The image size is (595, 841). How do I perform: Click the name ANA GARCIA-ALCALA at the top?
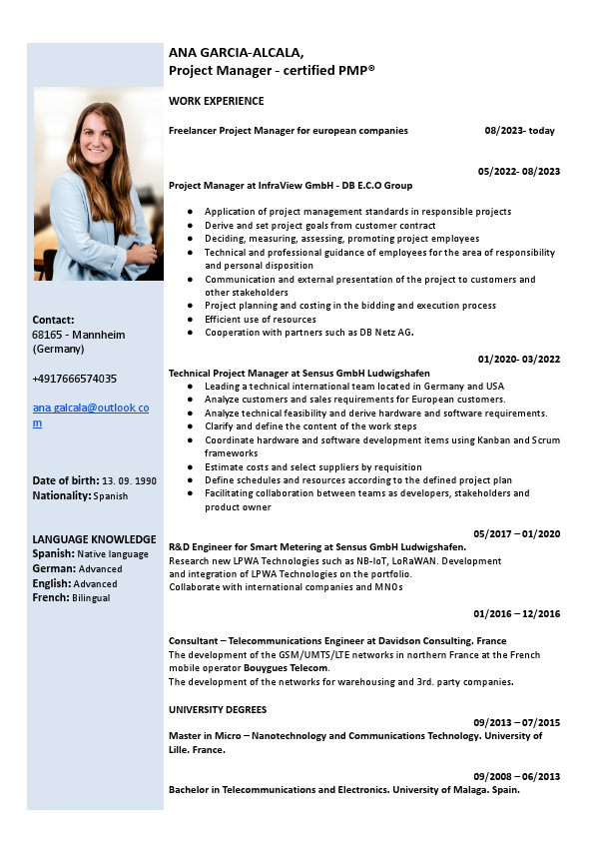[x=236, y=52]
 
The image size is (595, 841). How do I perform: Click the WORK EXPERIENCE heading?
[x=217, y=101]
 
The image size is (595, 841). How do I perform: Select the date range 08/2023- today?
[x=519, y=131]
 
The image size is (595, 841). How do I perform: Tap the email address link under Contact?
[x=91, y=416]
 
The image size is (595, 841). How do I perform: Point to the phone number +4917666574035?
[x=75, y=379]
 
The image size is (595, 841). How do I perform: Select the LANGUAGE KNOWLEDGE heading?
[x=94, y=539]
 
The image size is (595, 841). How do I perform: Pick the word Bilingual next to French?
[x=90, y=598]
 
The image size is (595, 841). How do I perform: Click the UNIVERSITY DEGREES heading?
[x=218, y=710]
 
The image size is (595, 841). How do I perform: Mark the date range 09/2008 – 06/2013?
[x=516, y=776]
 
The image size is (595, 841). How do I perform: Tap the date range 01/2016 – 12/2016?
[x=516, y=613]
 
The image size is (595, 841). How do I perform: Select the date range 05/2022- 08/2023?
[x=518, y=171]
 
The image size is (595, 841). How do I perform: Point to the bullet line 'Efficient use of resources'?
[x=260, y=319]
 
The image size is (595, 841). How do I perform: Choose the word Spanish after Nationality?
[x=111, y=495]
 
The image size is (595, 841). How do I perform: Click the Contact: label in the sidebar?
[x=54, y=320]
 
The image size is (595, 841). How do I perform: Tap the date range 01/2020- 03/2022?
[x=518, y=359]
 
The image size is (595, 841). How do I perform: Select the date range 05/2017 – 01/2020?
[x=516, y=533]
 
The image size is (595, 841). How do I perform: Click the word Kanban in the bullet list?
[x=464, y=439]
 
